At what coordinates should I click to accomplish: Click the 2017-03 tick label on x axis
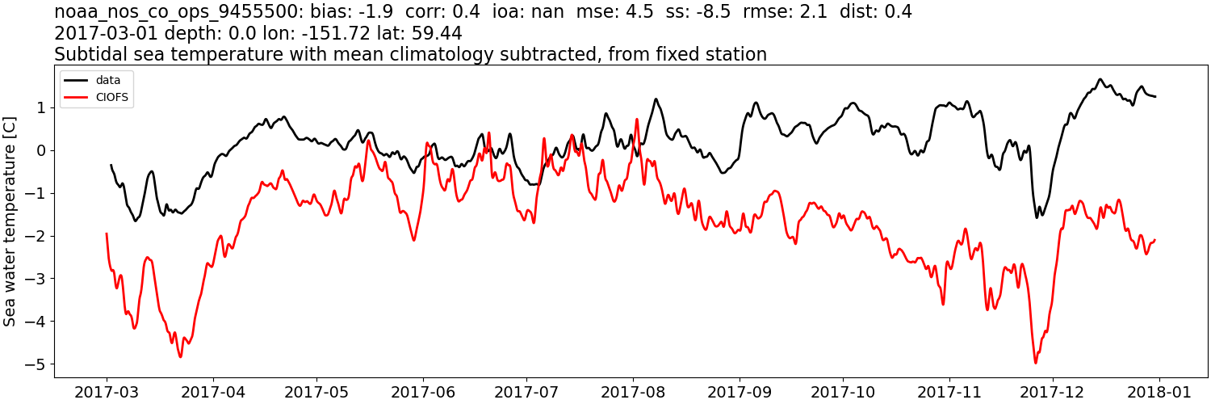pyautogui.click(x=107, y=391)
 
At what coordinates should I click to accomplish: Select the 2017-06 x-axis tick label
pyautogui.click(x=422, y=391)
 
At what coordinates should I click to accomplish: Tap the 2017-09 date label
pyautogui.click(x=739, y=391)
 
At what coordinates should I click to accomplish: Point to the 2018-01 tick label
pyautogui.click(x=1159, y=391)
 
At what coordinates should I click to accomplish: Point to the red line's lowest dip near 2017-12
pyautogui.click(x=1036, y=363)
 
